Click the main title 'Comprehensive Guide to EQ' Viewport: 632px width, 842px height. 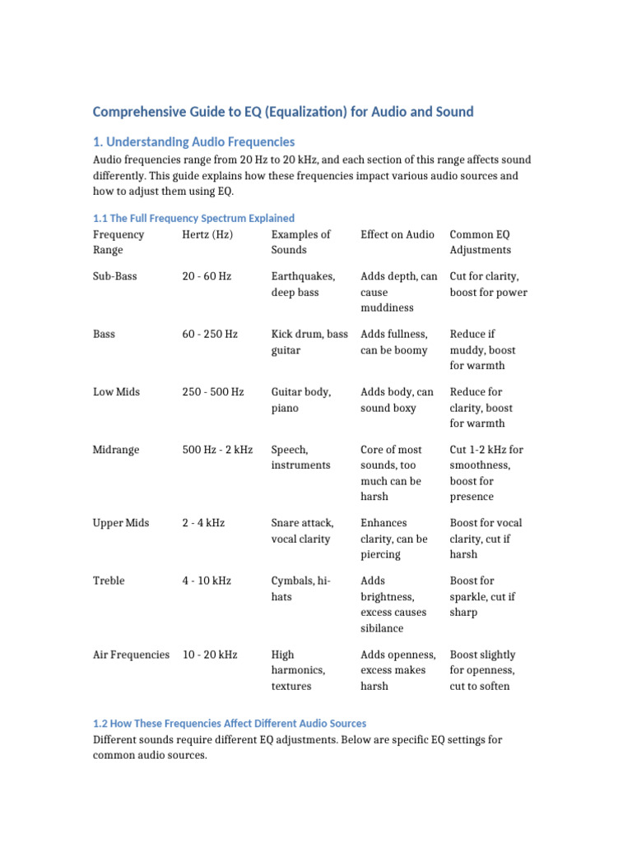pos(283,111)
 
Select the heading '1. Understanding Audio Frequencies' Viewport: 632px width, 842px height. pos(193,141)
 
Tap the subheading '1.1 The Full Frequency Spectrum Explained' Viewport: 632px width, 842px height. pos(193,218)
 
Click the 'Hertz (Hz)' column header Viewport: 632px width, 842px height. pos(207,234)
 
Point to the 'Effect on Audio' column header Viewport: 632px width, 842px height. pos(397,234)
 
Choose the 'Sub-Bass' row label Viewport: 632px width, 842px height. pos(115,276)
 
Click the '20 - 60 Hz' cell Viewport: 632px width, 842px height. pos(207,276)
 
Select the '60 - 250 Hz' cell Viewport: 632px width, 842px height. pos(210,334)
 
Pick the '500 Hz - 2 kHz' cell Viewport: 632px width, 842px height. pos(217,450)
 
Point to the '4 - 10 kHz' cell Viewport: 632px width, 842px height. pos(207,581)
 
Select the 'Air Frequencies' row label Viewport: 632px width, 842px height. pos(132,655)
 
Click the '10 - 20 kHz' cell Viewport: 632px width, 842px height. pos(210,655)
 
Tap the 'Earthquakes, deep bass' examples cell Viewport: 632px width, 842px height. pos(303,284)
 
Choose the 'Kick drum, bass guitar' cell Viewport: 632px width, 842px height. pos(309,342)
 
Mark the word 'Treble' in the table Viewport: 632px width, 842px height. pos(109,581)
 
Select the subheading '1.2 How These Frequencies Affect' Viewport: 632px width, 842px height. pos(230,724)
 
